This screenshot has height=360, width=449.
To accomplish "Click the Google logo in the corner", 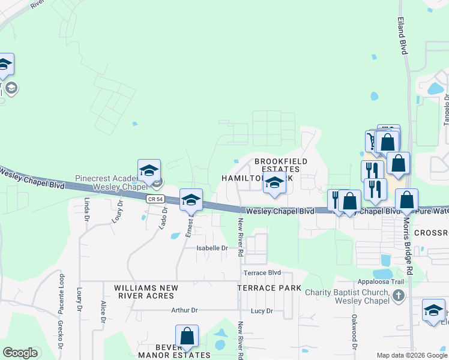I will click(x=20, y=353).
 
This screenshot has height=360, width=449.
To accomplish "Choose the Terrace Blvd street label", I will click(x=262, y=272).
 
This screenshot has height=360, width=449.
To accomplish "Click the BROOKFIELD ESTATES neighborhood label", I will click(x=281, y=165).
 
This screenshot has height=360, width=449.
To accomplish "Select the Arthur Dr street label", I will click(x=184, y=310).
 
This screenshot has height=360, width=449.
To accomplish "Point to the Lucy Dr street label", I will click(x=262, y=311).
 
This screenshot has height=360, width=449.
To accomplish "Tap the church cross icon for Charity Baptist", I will click(x=398, y=295).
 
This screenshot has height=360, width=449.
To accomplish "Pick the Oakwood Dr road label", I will click(x=354, y=333).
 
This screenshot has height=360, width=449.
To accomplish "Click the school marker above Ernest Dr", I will click(x=191, y=200).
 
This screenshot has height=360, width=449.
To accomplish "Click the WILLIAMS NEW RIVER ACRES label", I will click(x=129, y=292).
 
